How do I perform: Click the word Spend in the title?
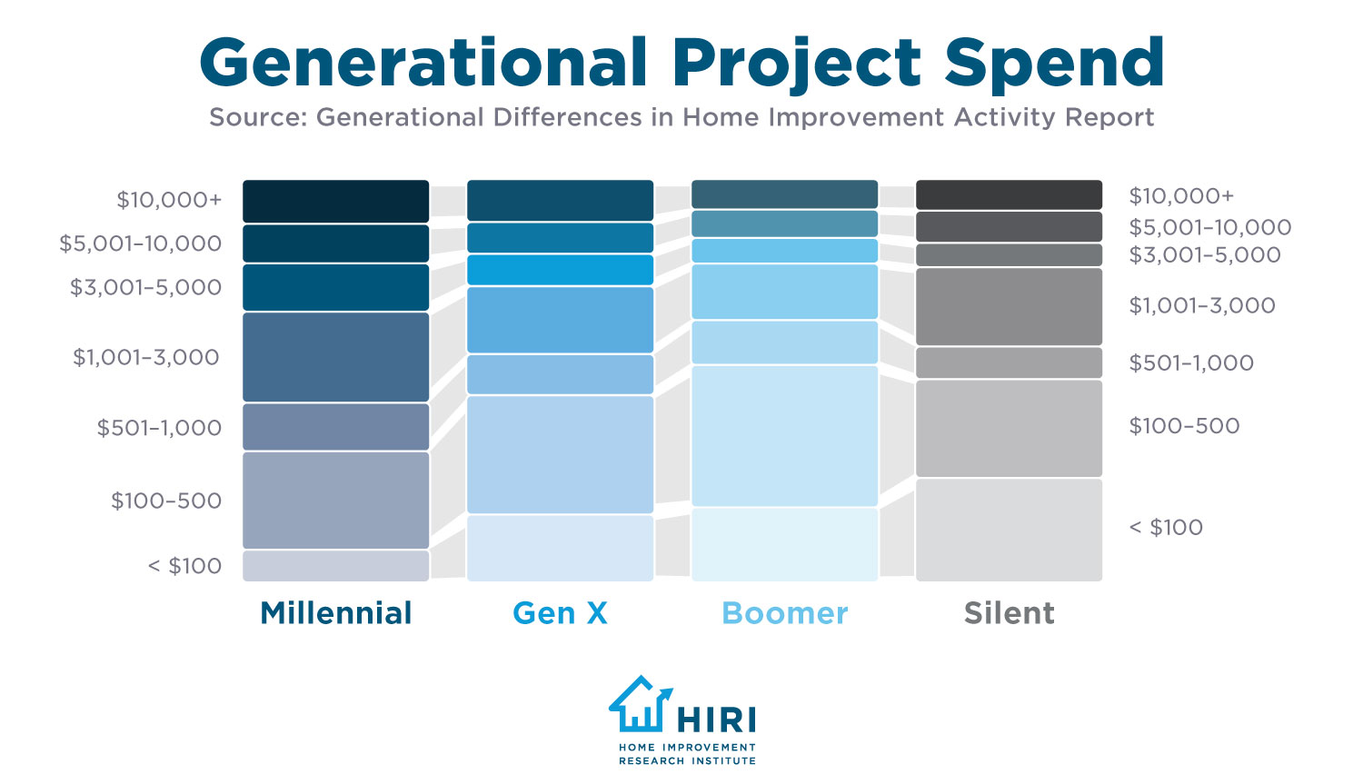point(1054,64)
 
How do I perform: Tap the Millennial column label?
point(336,613)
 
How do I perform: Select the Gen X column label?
point(560,613)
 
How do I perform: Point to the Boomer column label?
point(784,613)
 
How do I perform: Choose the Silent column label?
point(1009,613)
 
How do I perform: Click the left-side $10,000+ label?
point(169,200)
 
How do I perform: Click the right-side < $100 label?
point(1166,528)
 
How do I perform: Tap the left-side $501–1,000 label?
point(159,428)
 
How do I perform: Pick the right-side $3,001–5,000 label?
point(1205,255)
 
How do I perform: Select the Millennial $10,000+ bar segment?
point(335,201)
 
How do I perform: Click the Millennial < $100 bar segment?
point(335,565)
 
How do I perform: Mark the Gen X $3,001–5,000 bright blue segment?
point(560,270)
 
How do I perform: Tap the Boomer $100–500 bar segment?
point(784,436)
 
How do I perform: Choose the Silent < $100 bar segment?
point(1009,530)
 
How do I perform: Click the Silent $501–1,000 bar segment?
point(1009,362)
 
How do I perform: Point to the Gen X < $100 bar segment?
point(560,548)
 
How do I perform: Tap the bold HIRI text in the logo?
point(716,720)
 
